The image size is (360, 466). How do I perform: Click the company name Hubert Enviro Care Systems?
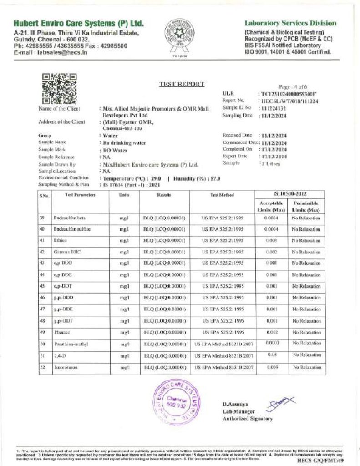(x=79, y=23)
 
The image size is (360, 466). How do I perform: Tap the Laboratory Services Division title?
(x=290, y=23)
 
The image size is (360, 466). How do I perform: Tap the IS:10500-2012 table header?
(x=289, y=194)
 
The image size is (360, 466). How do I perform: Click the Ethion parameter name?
(x=61, y=240)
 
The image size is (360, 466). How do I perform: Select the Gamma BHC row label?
(x=64, y=252)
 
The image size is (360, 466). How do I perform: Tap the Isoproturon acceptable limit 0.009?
(x=272, y=367)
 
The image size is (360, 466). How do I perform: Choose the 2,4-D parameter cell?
(x=60, y=355)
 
